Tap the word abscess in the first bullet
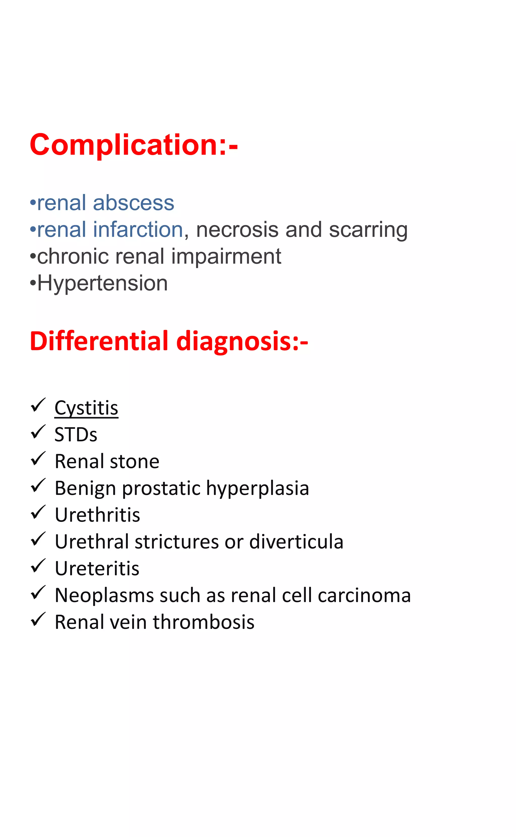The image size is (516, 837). pos(134,203)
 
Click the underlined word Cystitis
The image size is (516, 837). pos(86,408)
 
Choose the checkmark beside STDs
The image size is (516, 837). pos(38,432)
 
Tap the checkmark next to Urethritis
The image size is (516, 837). pos(38,513)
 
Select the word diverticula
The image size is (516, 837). pos(296,542)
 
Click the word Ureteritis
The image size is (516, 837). pos(97,569)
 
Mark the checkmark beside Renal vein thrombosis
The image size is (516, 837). pos(38,620)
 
